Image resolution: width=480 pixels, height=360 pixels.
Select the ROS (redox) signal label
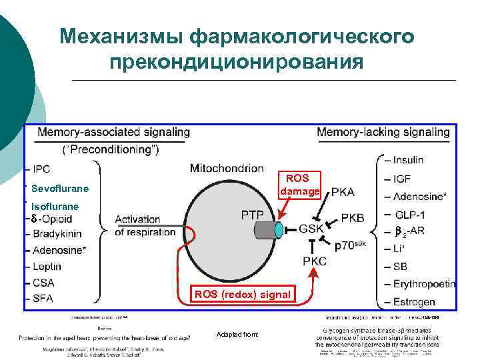pos(242,295)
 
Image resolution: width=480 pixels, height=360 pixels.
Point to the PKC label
pos(315,261)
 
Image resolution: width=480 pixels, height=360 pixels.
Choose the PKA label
pos(343,192)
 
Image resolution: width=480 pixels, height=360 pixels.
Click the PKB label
pos(353,217)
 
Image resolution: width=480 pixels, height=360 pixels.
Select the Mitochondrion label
pos(227,168)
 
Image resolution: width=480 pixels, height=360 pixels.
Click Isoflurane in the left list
pos(55,207)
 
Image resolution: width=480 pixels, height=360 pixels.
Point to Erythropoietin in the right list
pos(424,284)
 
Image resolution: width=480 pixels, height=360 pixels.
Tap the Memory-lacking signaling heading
pos(383,133)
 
